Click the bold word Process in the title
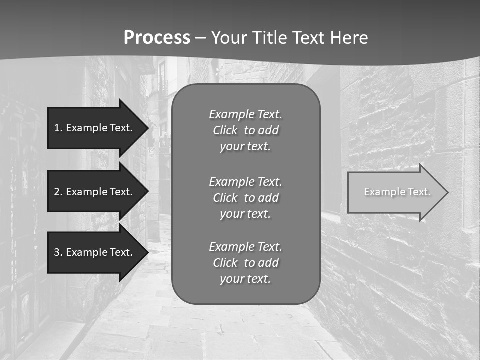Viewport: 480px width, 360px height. point(157,37)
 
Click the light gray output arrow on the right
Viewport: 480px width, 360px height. point(390,192)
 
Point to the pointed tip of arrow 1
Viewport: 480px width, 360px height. point(147,128)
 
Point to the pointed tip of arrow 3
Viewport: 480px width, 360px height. point(147,252)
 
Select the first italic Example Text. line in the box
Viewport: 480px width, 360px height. point(245,114)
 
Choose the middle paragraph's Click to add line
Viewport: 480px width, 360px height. point(245,198)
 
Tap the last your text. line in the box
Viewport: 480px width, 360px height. point(245,279)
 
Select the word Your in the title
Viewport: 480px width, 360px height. point(228,37)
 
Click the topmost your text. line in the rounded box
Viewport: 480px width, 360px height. point(245,146)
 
